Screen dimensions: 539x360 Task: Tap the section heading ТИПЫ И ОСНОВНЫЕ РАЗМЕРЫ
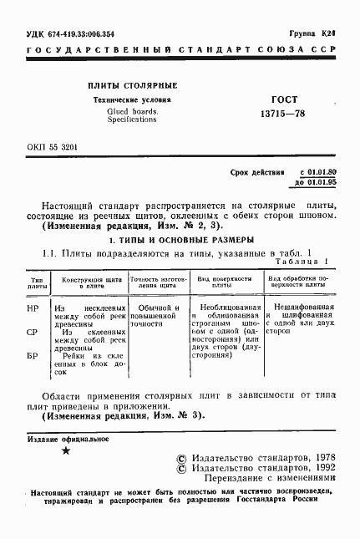coord(185,241)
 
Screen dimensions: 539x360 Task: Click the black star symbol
coord(67,451)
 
